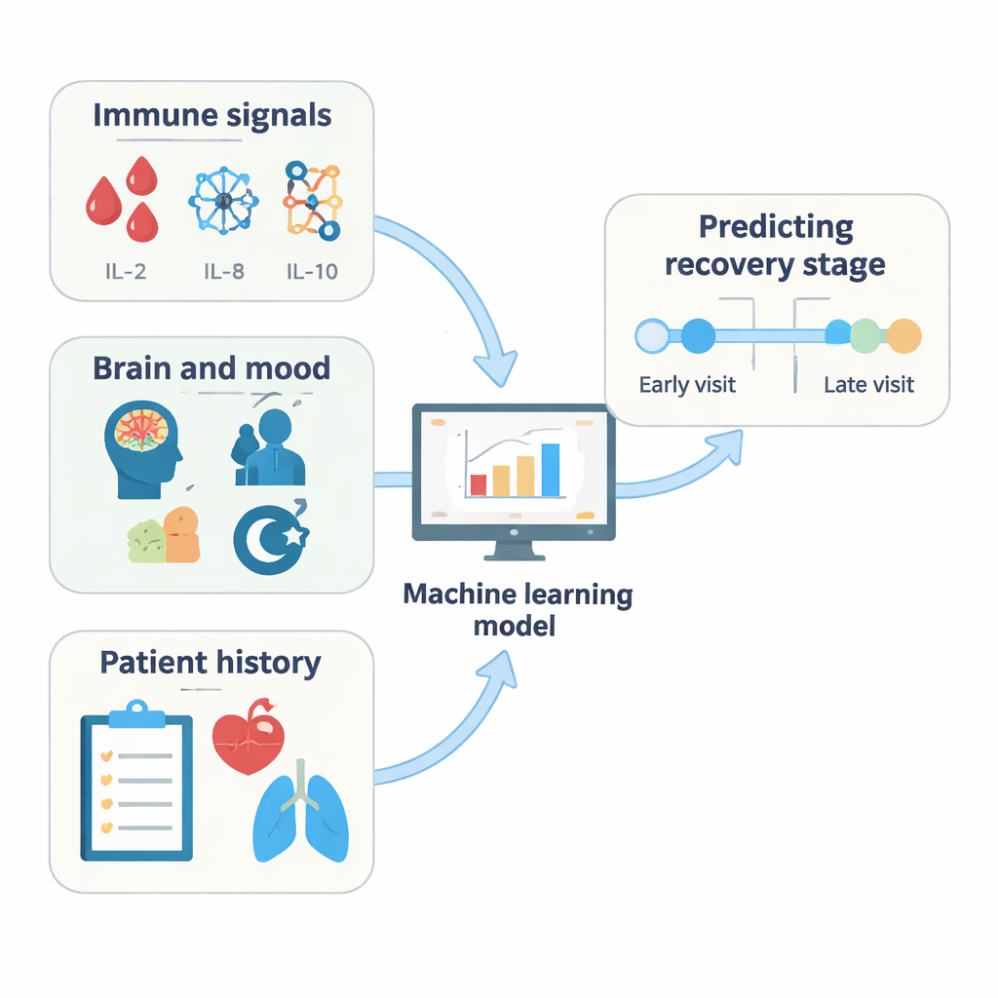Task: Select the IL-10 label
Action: (312, 271)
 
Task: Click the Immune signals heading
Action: (212, 116)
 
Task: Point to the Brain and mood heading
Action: (211, 368)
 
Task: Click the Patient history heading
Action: (211, 663)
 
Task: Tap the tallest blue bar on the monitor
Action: (551, 470)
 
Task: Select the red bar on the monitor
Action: (478, 484)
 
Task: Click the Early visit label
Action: (687, 384)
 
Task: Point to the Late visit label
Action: (868, 384)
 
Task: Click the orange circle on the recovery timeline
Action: (903, 335)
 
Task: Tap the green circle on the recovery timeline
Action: (865, 335)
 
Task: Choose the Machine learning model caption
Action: (518, 609)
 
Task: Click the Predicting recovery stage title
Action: (776, 246)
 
